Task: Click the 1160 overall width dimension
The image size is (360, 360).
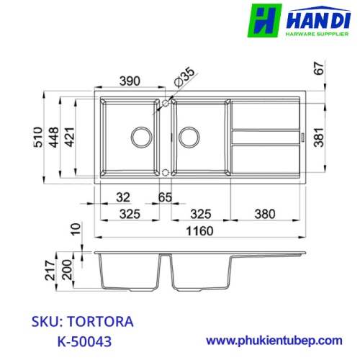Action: (x=199, y=231)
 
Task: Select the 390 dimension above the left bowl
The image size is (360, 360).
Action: (x=130, y=81)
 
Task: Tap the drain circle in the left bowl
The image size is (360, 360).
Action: (x=141, y=138)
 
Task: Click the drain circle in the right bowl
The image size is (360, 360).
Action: (x=189, y=138)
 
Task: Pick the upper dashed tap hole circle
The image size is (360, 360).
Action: (x=166, y=103)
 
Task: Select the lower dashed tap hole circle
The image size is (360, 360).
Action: (x=166, y=172)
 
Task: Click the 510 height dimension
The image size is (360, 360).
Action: (x=38, y=137)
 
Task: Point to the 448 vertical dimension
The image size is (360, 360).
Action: (x=54, y=137)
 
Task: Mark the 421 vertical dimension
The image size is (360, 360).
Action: (x=70, y=137)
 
